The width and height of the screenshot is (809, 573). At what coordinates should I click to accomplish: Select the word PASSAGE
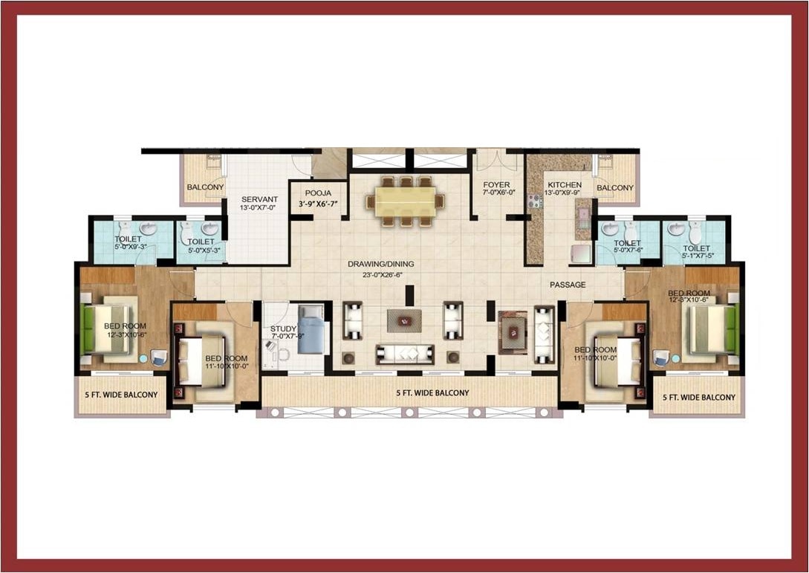click(x=568, y=285)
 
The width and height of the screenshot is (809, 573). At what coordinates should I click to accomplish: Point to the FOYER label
click(x=496, y=184)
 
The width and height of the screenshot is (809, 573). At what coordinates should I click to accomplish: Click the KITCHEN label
click(x=565, y=184)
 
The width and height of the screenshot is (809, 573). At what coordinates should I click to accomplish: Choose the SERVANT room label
click(x=259, y=199)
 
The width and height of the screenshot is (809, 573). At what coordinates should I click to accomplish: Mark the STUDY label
click(x=283, y=328)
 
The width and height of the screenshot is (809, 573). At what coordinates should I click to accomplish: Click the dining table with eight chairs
click(x=405, y=201)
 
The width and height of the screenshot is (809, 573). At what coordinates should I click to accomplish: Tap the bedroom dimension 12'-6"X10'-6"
click(x=689, y=302)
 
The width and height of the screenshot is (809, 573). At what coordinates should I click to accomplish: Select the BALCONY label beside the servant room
click(x=205, y=187)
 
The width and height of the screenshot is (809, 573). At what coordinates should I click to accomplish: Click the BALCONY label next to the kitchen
click(x=615, y=188)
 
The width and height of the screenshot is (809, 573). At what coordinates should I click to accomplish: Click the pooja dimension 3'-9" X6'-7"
click(x=318, y=204)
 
